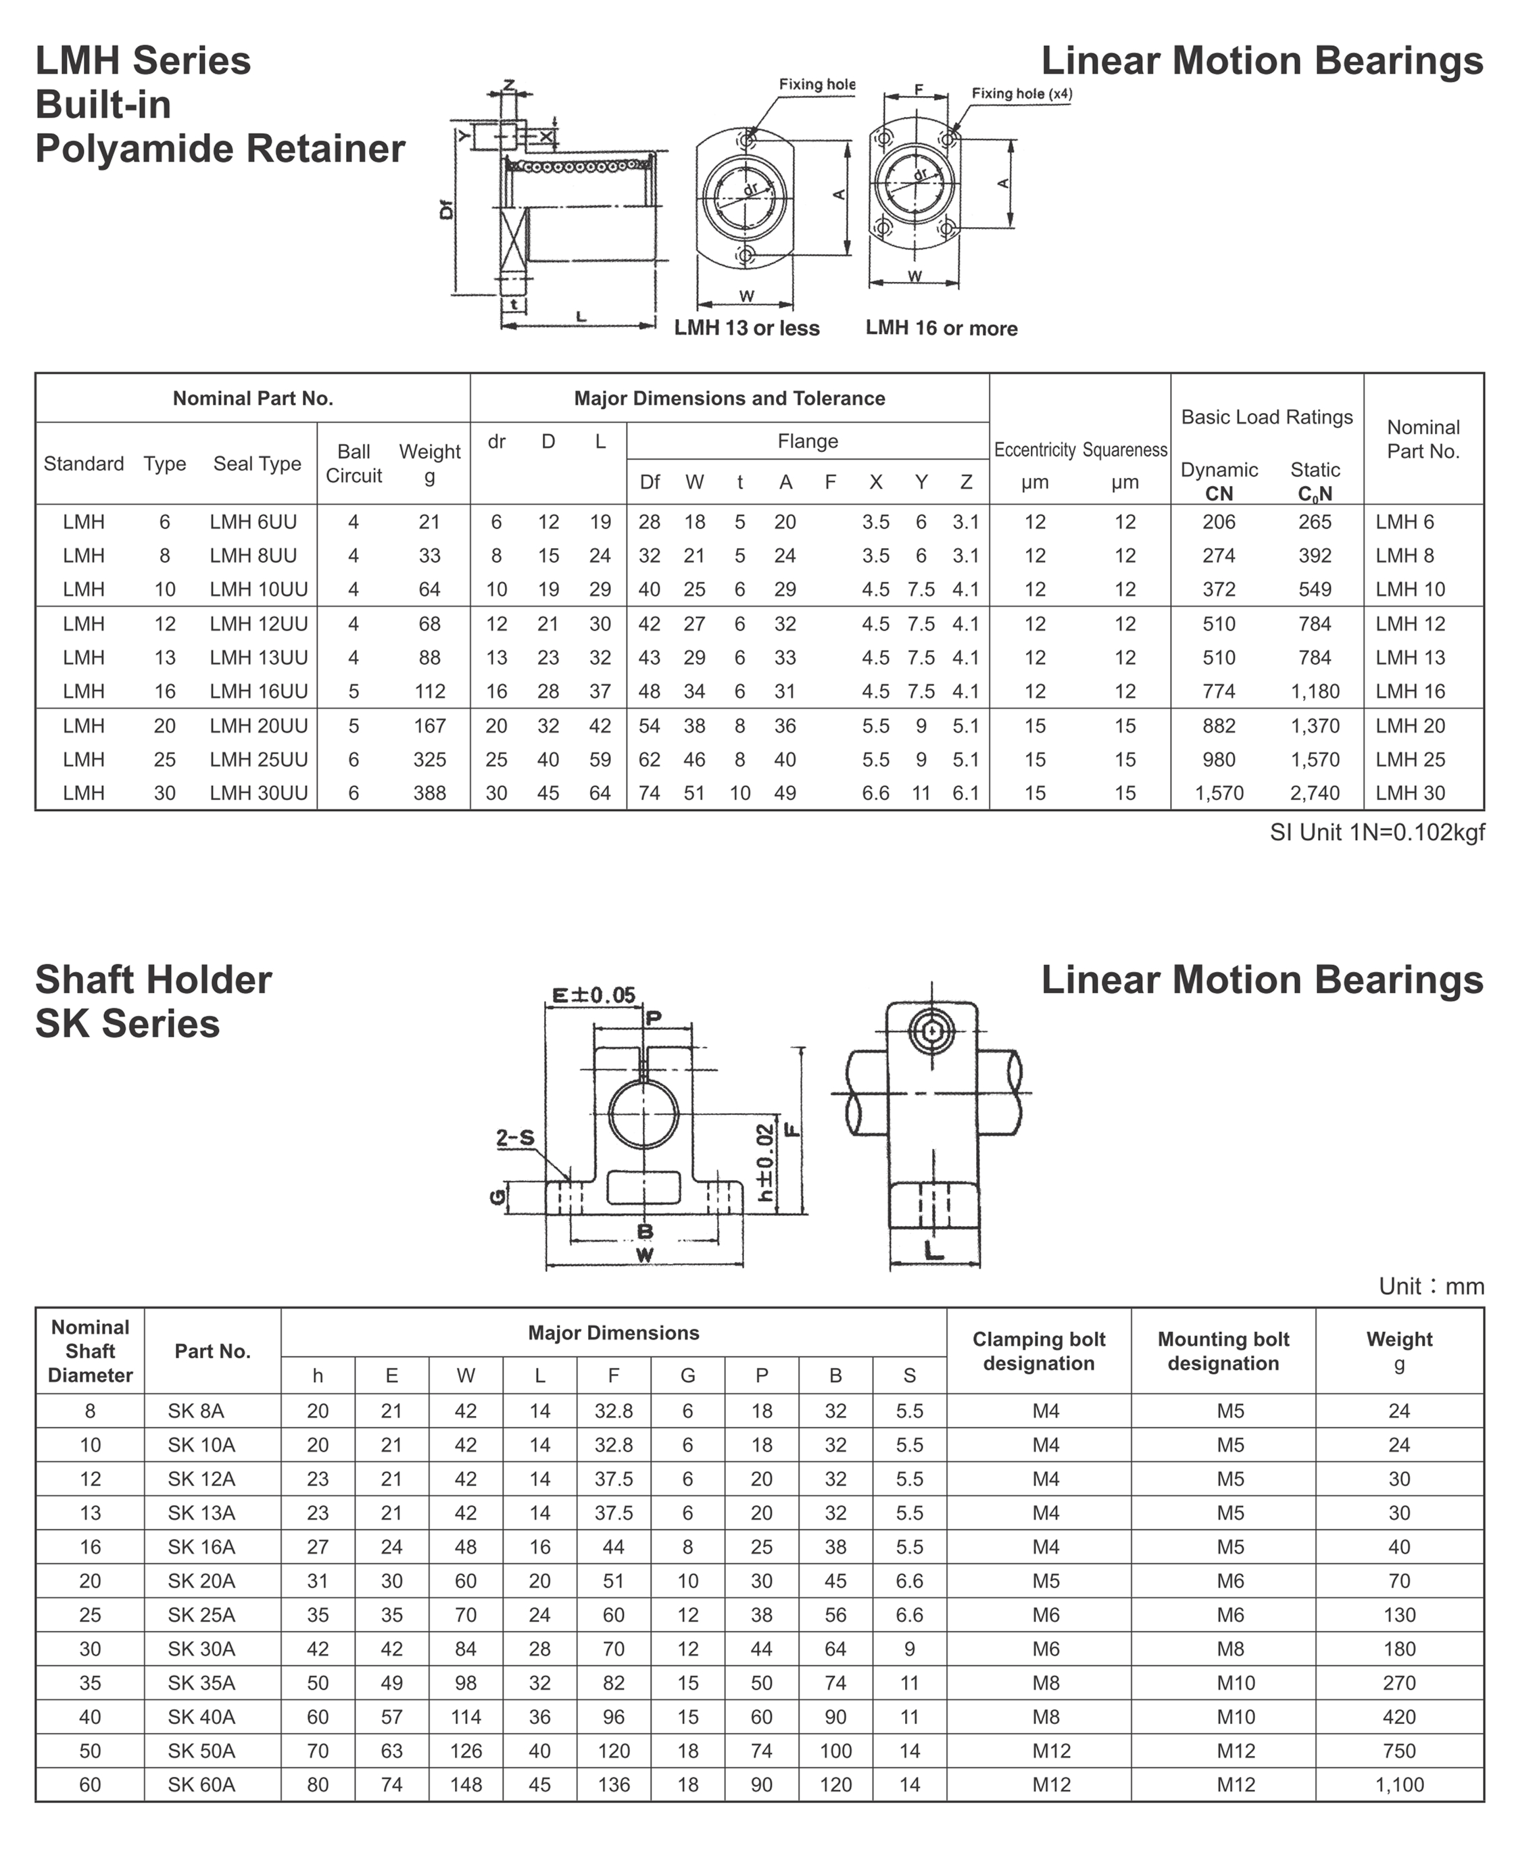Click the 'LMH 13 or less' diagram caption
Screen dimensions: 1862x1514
click(747, 328)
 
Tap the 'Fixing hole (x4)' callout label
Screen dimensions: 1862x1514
click(1021, 93)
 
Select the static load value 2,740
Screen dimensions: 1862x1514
click(1315, 793)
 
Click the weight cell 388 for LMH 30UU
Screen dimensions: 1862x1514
click(429, 793)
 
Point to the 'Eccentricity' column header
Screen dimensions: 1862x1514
click(1034, 450)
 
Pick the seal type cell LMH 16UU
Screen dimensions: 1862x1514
click(258, 691)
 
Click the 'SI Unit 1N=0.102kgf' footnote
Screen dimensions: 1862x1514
click(1376, 832)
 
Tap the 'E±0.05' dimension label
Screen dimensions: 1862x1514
click(594, 995)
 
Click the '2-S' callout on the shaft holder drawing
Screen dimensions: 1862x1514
click(514, 1137)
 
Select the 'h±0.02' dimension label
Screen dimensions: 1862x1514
click(765, 1162)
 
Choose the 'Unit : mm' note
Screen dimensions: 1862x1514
click(1430, 1286)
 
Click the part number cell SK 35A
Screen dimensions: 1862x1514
click(201, 1682)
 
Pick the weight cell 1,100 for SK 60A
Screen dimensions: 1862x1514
click(1399, 1784)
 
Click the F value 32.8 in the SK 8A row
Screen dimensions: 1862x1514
click(613, 1411)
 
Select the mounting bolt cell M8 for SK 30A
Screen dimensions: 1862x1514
click(1229, 1648)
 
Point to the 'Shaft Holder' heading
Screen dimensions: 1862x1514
click(153, 979)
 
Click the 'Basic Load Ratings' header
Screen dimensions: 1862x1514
click(1267, 417)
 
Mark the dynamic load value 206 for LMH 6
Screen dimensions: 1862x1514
click(1219, 522)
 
